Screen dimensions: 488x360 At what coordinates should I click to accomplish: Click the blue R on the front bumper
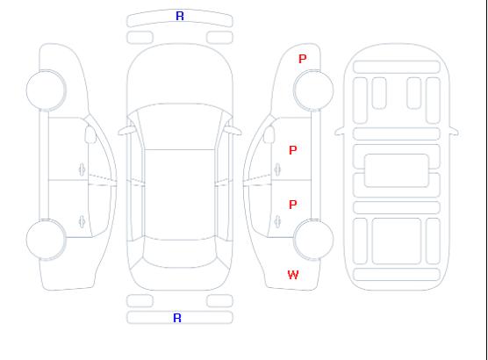pyautogui.click(x=180, y=16)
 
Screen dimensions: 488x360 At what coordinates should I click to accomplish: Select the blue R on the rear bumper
pyautogui.click(x=177, y=318)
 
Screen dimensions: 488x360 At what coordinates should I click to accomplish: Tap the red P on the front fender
pyautogui.click(x=302, y=59)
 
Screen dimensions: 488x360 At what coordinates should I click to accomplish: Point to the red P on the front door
pyautogui.click(x=293, y=150)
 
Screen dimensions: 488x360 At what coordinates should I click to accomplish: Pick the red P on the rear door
pyautogui.click(x=293, y=205)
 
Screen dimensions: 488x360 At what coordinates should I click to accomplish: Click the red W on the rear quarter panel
pyautogui.click(x=293, y=275)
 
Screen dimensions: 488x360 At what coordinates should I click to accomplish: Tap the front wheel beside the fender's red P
pyautogui.click(x=313, y=90)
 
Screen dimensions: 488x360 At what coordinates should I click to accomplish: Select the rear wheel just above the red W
pyautogui.click(x=313, y=239)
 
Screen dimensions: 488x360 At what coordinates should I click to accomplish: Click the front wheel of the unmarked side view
pyautogui.click(x=46, y=90)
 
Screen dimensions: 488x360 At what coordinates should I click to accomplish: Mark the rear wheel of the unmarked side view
pyautogui.click(x=46, y=239)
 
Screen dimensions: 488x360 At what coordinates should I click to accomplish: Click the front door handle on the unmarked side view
pyautogui.click(x=82, y=169)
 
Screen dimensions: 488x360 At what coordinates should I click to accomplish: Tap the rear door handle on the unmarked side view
pyautogui.click(x=82, y=221)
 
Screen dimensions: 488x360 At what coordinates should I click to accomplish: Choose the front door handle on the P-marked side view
pyautogui.click(x=277, y=169)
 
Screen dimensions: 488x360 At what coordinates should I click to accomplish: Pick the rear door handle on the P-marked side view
pyautogui.click(x=277, y=221)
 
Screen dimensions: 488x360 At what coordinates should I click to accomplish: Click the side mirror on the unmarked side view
pyautogui.click(x=90, y=134)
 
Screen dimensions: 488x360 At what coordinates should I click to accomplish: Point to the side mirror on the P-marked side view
pyautogui.click(x=269, y=134)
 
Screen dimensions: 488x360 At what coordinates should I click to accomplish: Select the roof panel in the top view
pyautogui.click(x=180, y=195)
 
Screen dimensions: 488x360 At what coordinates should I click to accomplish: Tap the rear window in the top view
pyautogui.click(x=180, y=253)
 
